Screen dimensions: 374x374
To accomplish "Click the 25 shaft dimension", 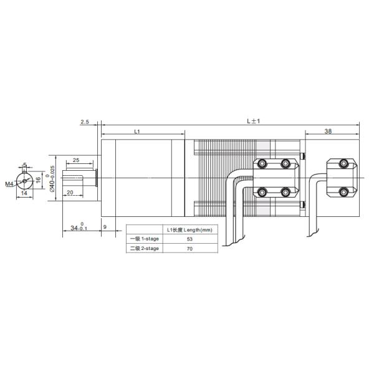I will pyautogui.click(x=75, y=160).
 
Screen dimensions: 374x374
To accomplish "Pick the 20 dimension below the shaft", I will pyautogui.click(x=70, y=192).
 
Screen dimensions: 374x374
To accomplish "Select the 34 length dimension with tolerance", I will pyautogui.click(x=77, y=228).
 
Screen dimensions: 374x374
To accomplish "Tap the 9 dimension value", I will pyautogui.click(x=105, y=228).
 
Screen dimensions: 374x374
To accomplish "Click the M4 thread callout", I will pyautogui.click(x=9, y=185).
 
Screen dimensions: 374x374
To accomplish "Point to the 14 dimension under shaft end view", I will pyautogui.click(x=24, y=193).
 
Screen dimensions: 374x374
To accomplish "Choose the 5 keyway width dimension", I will pyautogui.click(x=25, y=166).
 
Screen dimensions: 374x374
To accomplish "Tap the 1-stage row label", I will pyautogui.click(x=144, y=239).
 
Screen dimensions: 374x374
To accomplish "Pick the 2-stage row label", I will pyautogui.click(x=144, y=248).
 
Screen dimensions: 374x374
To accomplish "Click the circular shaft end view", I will pyautogui.click(x=25, y=181).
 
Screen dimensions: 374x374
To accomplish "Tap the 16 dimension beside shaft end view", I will pyautogui.click(x=38, y=180).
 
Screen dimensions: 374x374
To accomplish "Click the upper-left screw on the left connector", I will pyautogui.click(x=262, y=164).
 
